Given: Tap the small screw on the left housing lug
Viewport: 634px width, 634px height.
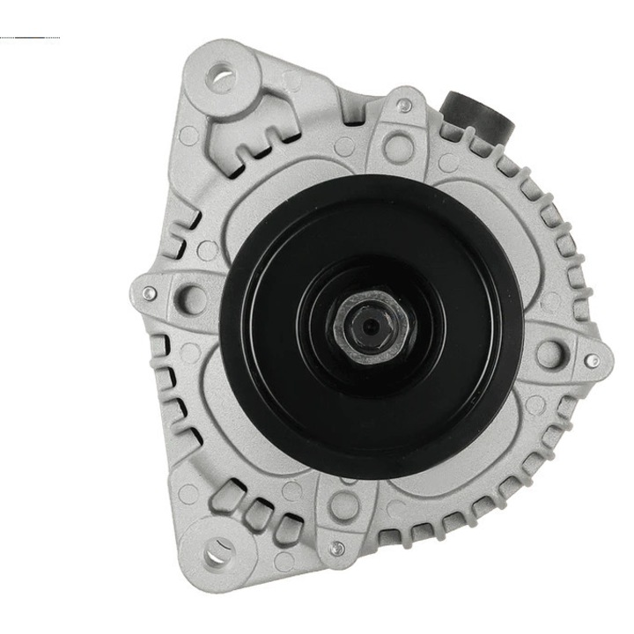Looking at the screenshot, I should pyautogui.click(x=150, y=294).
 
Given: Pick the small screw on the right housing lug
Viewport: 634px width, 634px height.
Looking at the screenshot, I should pyautogui.click(x=593, y=360).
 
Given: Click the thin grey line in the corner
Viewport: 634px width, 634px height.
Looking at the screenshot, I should pyautogui.click(x=31, y=38).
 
